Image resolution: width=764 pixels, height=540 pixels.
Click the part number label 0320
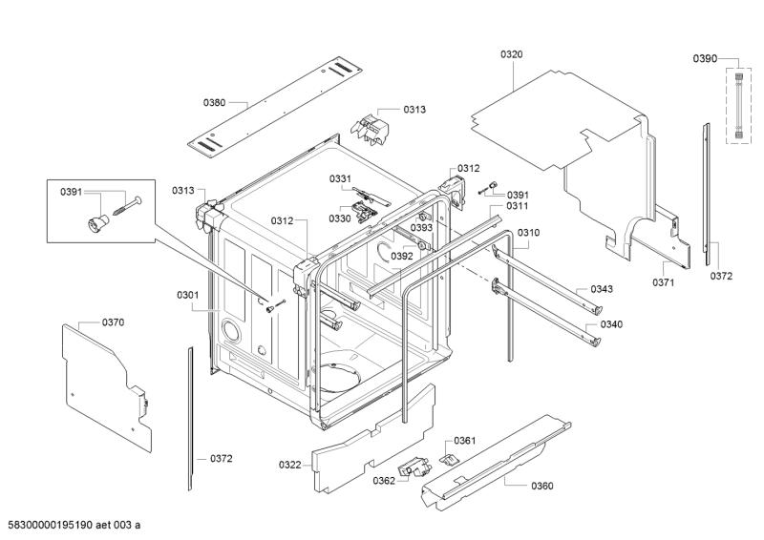(x=512, y=54)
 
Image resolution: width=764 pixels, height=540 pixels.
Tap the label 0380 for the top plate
(x=214, y=103)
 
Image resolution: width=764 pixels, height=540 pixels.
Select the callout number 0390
(x=705, y=59)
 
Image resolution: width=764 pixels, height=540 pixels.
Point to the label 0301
(x=188, y=295)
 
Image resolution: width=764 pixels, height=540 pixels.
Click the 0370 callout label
(x=113, y=322)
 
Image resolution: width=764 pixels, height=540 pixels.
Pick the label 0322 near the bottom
(x=290, y=465)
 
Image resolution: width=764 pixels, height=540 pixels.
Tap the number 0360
(x=542, y=486)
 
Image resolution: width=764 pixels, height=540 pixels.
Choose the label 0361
(x=465, y=441)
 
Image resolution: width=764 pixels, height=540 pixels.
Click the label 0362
(x=384, y=481)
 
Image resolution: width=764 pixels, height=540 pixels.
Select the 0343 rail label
(x=602, y=289)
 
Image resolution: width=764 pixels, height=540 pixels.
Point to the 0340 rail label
(x=611, y=324)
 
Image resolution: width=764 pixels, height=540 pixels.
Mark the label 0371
(x=664, y=283)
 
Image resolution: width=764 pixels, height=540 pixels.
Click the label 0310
(x=529, y=233)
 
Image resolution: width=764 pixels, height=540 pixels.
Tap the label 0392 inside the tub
(x=402, y=256)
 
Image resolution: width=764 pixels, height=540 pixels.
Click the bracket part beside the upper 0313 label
(x=371, y=129)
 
